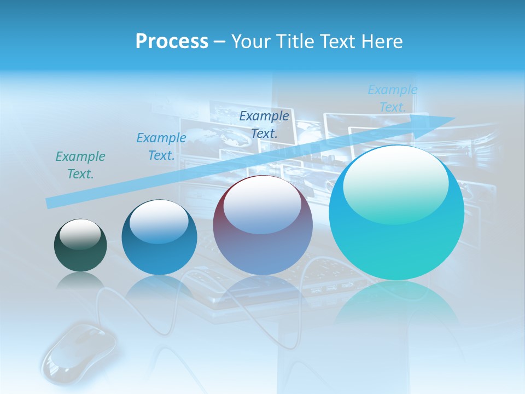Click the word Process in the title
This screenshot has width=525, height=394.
pyautogui.click(x=172, y=42)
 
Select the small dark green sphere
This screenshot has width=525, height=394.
pyautogui.click(x=80, y=245)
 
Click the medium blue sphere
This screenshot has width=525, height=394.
pyautogui.click(x=159, y=237)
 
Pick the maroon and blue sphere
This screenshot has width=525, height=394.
pyautogui.click(x=262, y=225)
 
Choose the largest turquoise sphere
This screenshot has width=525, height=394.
pyautogui.click(x=396, y=213)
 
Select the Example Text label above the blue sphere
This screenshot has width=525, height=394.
pyautogui.click(x=161, y=147)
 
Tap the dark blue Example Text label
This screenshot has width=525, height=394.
pyautogui.click(x=264, y=124)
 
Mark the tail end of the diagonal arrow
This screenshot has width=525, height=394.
pyautogui.click(x=49, y=203)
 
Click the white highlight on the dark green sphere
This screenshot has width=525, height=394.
pyautogui.click(x=80, y=234)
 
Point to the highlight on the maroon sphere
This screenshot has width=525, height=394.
pyautogui.click(x=262, y=205)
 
